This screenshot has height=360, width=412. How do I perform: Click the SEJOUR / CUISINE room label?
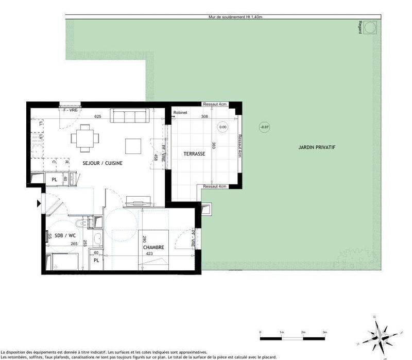[102, 163]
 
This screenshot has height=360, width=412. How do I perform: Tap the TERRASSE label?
[194, 154]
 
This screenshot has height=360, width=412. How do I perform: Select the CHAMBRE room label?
[153, 247]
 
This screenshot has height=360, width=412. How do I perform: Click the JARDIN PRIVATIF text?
[317, 147]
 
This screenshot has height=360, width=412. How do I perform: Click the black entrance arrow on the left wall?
[39, 204]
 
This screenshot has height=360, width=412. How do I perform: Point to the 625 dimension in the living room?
[97, 116]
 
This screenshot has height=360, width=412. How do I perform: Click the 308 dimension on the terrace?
[204, 117]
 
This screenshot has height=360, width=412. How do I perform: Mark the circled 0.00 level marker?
[222, 127]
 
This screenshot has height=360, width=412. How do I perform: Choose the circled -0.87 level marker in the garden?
[264, 127]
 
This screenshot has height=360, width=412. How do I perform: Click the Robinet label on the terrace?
[180, 112]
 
